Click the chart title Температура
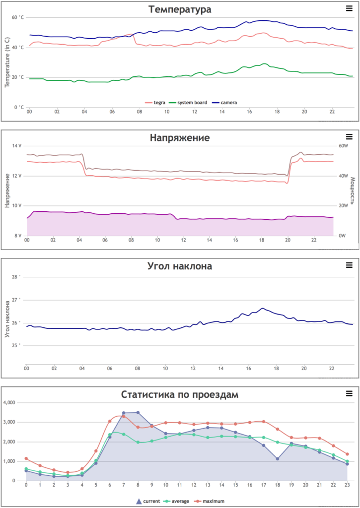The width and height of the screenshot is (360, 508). [x=180, y=9]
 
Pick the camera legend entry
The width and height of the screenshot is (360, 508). [x=226, y=103]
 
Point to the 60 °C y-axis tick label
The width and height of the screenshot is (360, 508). [x=18, y=17]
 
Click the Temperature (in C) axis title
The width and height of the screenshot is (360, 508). [x=7, y=62]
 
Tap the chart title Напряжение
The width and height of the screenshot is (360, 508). [x=180, y=137]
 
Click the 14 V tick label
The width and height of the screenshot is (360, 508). [x=17, y=146]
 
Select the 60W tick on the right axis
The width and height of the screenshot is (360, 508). [x=345, y=146]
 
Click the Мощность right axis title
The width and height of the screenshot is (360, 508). [x=353, y=190]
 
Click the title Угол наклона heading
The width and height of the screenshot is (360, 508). [x=180, y=266]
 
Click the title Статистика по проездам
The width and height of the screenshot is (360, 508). [x=180, y=395]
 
